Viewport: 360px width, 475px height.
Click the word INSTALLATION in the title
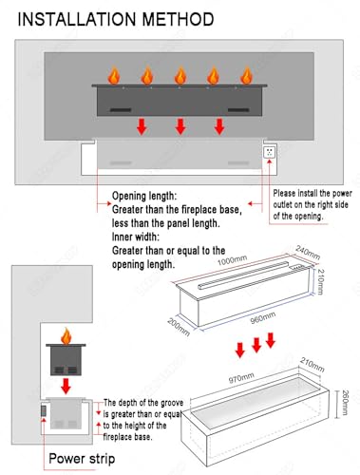click(x=77, y=19)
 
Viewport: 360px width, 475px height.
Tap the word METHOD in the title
click(x=179, y=19)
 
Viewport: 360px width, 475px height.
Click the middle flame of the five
click(x=180, y=75)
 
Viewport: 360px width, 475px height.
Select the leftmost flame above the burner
click(x=114, y=75)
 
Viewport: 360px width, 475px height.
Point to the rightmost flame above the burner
click(x=246, y=75)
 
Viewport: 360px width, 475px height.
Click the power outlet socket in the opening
click(x=270, y=152)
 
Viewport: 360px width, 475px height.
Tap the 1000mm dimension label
click(x=232, y=260)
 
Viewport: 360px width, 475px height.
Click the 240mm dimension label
click(x=308, y=253)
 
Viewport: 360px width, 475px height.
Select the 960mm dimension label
click(x=263, y=318)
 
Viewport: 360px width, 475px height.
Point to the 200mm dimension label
click(x=179, y=327)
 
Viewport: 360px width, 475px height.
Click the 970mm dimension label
click(x=241, y=378)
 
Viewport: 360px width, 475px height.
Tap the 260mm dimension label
click(x=345, y=402)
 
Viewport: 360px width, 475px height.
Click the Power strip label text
click(x=82, y=459)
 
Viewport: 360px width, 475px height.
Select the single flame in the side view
click(x=66, y=336)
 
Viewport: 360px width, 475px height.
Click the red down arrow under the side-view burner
click(x=66, y=386)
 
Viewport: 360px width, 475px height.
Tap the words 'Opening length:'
click(x=143, y=196)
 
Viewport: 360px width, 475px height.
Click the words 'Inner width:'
click(x=136, y=237)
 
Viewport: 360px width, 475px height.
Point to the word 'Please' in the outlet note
click(x=284, y=193)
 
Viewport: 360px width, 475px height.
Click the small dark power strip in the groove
click(x=44, y=410)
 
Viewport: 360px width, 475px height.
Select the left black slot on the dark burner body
click(x=121, y=110)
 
